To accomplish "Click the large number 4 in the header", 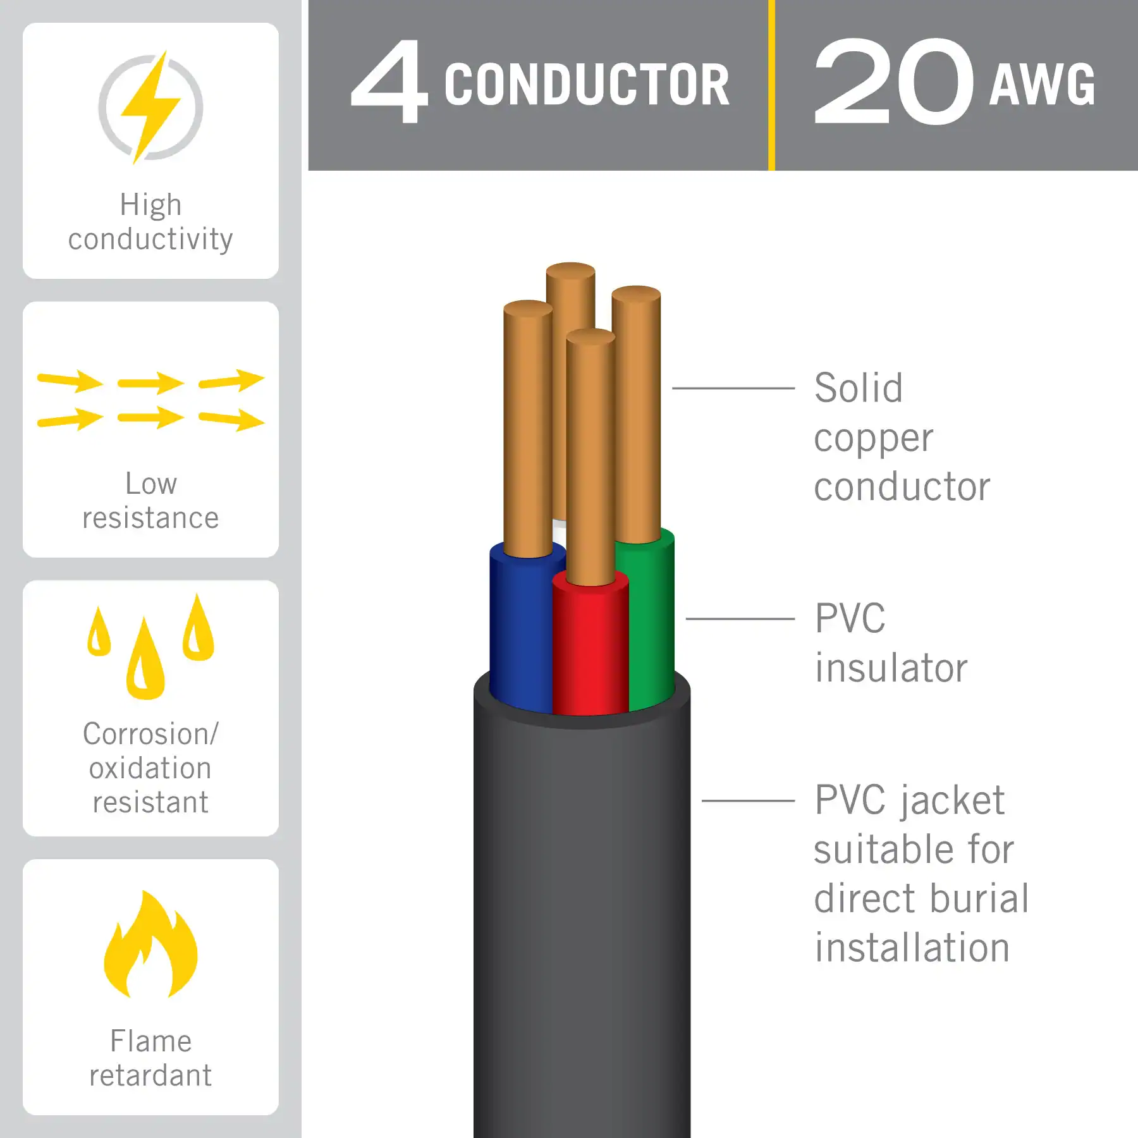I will coord(390,82).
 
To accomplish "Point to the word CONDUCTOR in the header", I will coord(586,85).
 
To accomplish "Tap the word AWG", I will coord(1042,85).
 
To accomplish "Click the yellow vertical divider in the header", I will coord(771,85).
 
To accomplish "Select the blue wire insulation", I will coord(520,632).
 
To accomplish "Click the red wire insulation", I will coord(589,651).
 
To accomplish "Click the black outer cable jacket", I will coord(582,917).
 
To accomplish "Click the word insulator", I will coord(891,668).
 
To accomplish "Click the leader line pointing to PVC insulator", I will coord(740,618).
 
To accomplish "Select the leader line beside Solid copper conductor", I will coord(733,388).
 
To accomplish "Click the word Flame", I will coord(150,1041).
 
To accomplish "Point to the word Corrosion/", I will coord(150,734).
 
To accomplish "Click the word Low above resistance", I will coord(150,484).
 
